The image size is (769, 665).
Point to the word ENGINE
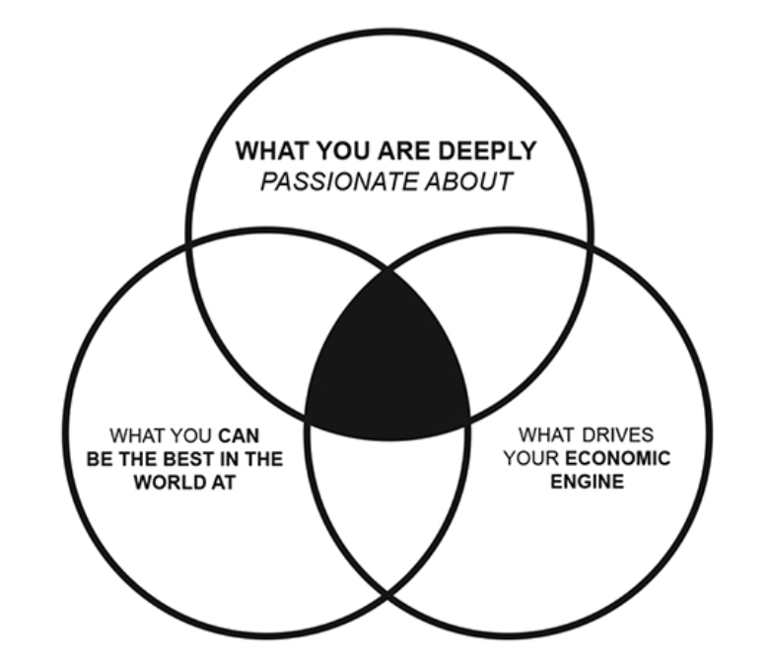pos(586,482)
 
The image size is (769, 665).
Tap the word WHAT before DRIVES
pos(548,434)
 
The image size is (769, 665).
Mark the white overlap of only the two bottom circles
pos(387,512)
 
